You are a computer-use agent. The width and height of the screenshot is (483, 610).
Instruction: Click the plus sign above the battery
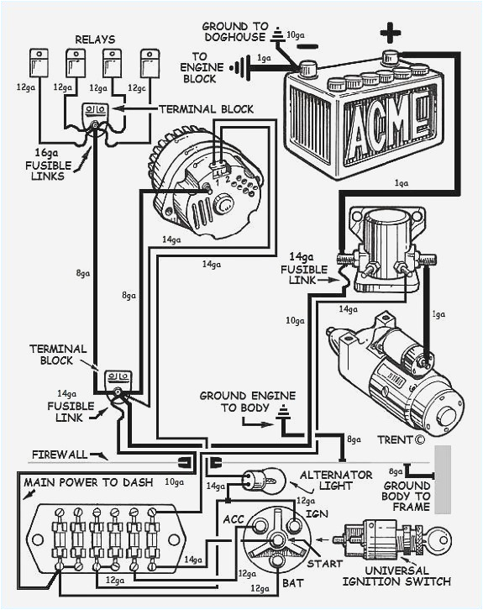pyautogui.click(x=390, y=34)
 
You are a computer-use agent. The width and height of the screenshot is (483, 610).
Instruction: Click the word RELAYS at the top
pyautogui.click(x=95, y=39)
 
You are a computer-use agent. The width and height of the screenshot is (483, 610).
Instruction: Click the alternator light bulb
pyautogui.click(x=255, y=480)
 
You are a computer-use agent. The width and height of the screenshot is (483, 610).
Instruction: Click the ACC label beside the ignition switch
pyautogui.click(x=233, y=519)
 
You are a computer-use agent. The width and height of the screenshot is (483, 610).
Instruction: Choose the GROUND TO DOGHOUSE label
pyautogui.click(x=235, y=33)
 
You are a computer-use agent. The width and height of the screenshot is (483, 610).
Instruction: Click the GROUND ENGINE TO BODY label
pyautogui.click(x=234, y=402)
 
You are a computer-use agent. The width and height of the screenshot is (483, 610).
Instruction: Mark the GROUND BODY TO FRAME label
pyautogui.click(x=407, y=496)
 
